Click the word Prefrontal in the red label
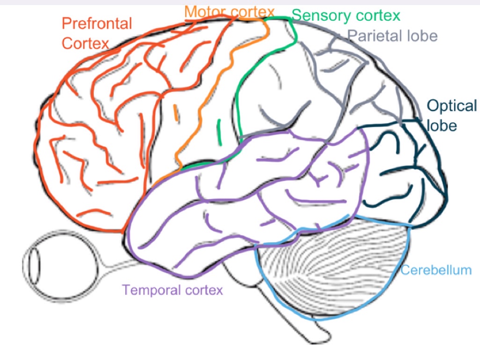point(97,23)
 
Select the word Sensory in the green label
point(320,16)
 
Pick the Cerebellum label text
point(436,270)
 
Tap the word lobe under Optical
point(441,125)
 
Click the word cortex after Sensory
point(379,16)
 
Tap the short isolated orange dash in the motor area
point(176,113)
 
